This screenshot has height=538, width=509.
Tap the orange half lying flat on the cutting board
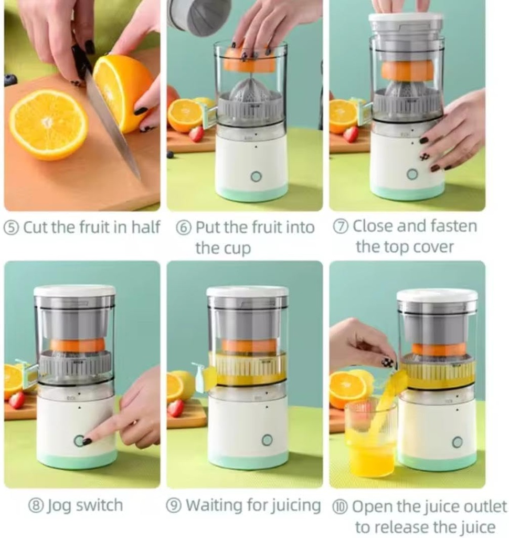pos(48,124)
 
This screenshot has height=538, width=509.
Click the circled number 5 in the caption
pos(12,227)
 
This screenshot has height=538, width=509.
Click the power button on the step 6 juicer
pos(256,176)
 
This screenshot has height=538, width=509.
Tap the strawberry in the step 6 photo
pos(196,134)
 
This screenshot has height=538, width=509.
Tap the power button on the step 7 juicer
pos(412,174)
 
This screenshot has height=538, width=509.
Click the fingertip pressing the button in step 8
pos(87,441)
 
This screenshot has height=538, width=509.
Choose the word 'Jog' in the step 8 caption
pos(59,505)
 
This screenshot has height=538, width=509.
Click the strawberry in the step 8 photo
pos(17,400)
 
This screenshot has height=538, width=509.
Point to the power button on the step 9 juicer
pos(267,440)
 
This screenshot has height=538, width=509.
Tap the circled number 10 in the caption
pos(340,507)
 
